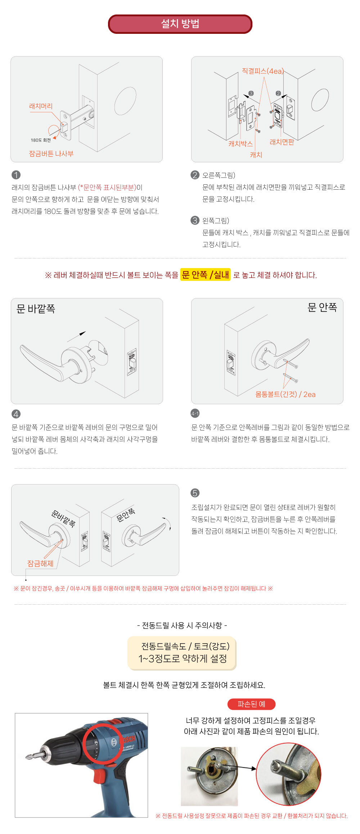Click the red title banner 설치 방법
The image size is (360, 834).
point(180,24)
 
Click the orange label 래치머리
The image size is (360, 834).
point(41,106)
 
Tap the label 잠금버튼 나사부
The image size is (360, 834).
point(51,154)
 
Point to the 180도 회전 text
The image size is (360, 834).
point(41,140)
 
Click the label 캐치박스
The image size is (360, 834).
point(240,144)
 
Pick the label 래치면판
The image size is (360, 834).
point(282,142)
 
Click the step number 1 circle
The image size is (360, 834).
point(16,175)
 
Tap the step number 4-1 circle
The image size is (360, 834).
point(195,414)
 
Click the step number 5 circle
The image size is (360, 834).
point(195,493)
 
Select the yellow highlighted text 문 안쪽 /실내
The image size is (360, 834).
point(205,275)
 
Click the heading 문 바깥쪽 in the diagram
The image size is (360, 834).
point(36,309)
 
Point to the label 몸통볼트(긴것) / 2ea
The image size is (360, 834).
point(285,394)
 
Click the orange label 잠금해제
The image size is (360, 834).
point(40,563)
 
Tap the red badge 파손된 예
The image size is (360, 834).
point(251,704)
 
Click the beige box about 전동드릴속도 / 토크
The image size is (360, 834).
point(182,653)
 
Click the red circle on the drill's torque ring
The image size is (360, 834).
point(103,744)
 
